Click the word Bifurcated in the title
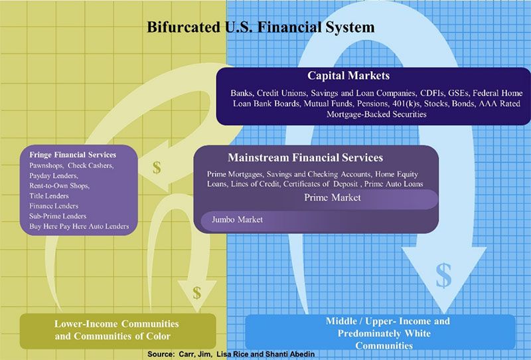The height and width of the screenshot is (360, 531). pos(183,27)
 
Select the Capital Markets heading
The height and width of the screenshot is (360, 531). pos(348,75)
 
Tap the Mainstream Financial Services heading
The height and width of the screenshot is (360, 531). pos(305,157)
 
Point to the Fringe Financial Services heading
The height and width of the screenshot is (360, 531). pos(72,155)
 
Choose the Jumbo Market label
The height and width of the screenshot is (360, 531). pos(237,220)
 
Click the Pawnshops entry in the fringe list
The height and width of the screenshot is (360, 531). pos(46,165)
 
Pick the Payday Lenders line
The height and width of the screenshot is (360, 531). pos(54,175)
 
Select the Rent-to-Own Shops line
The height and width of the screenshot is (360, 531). pos(59,186)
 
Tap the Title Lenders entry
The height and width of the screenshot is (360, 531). pos(48,196)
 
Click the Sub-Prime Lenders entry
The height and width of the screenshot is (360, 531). pos(58,217)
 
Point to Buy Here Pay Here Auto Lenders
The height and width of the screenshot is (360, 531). pos(79,226)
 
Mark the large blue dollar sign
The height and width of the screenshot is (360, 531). pos(443,275)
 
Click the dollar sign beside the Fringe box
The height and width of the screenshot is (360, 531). pos(157,167)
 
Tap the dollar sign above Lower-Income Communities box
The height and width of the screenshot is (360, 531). pos(196,293)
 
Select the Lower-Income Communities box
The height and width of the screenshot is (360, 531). pos(118,331)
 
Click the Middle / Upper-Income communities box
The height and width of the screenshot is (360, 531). pos(380,332)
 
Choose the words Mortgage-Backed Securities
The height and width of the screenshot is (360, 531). pos(376,114)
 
